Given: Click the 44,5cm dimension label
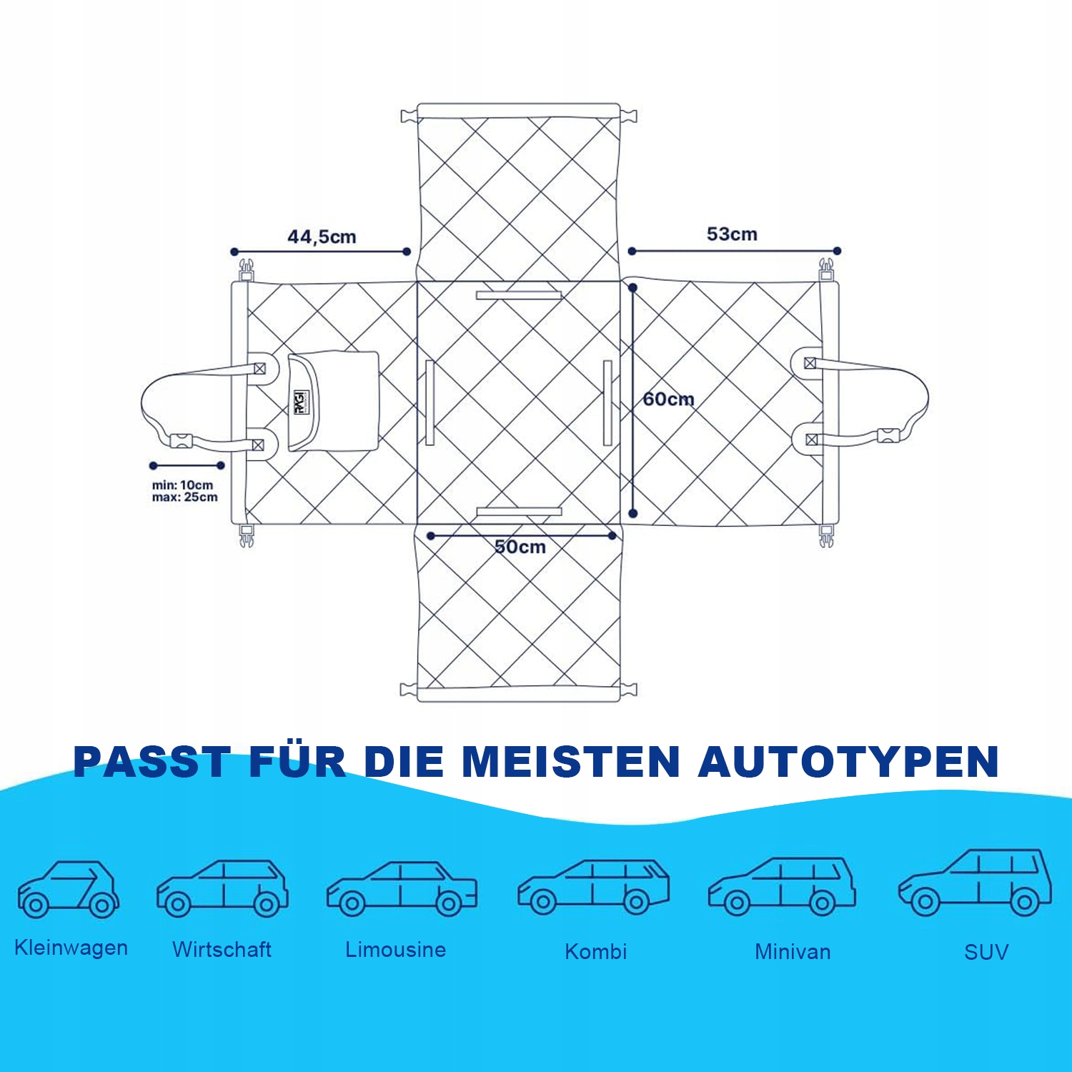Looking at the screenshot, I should pyautogui.click(x=322, y=237).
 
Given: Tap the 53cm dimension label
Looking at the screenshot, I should pyautogui.click(x=731, y=234).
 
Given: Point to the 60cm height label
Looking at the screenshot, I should pyautogui.click(x=668, y=399).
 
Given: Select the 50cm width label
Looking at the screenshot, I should pyautogui.click(x=520, y=547).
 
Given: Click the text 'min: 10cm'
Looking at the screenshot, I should pyautogui.click(x=182, y=485).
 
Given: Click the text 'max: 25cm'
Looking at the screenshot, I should pyautogui.click(x=184, y=497).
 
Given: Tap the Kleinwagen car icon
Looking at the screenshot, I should pyautogui.click(x=69, y=889).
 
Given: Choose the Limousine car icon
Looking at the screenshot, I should pyautogui.click(x=402, y=889).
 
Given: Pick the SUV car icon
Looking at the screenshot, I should pyautogui.click(x=975, y=883).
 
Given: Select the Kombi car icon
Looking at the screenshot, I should pyautogui.click(x=593, y=887).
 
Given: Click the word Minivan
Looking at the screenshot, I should pyautogui.click(x=793, y=952).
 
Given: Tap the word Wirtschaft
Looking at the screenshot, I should pyautogui.click(x=222, y=950).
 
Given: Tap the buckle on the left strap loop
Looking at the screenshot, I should pyautogui.click(x=182, y=441).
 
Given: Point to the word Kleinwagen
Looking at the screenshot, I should pyautogui.click(x=71, y=948).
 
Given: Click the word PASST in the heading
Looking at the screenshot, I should pyautogui.click(x=152, y=762).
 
